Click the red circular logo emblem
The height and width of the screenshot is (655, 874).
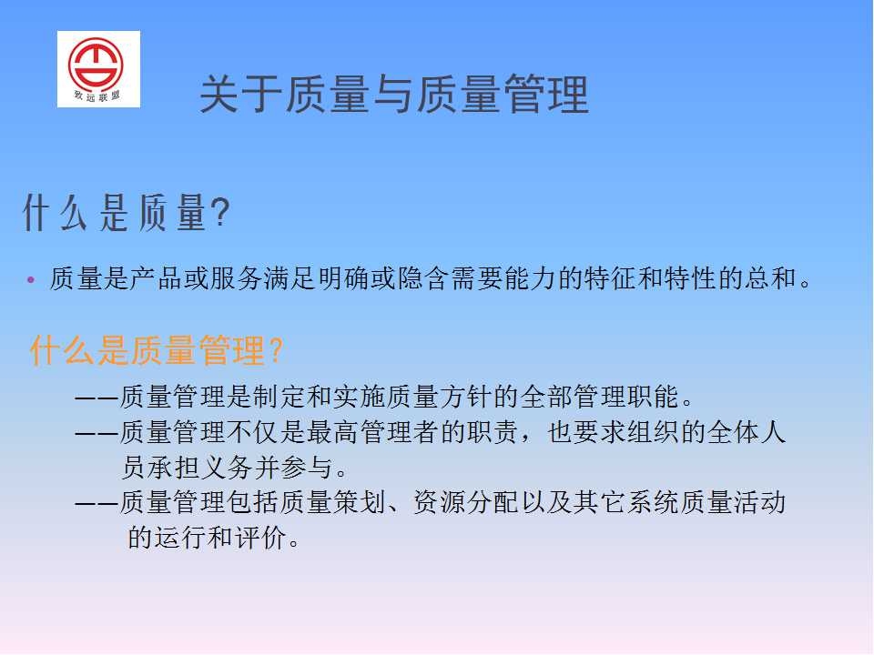[x=96, y=63]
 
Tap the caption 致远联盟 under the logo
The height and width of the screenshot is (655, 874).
[x=97, y=96]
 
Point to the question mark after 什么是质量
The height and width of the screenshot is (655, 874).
[x=221, y=212]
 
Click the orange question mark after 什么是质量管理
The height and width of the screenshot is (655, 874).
[x=276, y=350]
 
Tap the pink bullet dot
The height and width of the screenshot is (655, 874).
[x=31, y=279]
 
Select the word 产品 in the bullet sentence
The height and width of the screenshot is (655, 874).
[x=157, y=278]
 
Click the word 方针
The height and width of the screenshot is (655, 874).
[x=465, y=397]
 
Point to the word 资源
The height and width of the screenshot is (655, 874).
[x=440, y=502]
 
